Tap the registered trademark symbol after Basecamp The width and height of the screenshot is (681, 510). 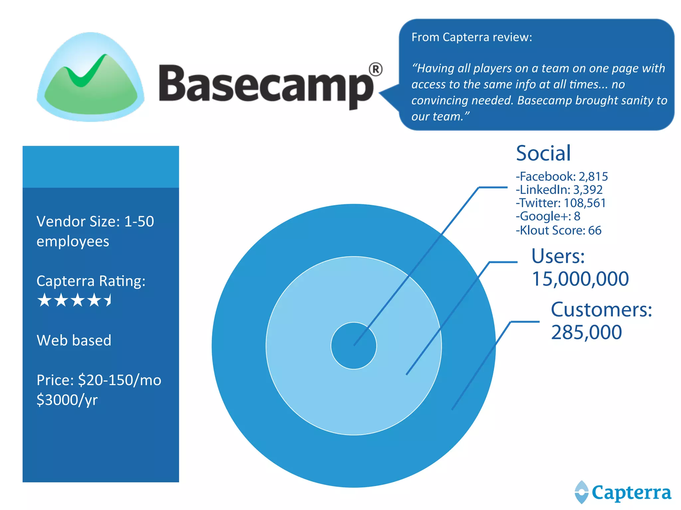(x=375, y=69)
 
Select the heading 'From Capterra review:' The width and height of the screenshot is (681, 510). (x=472, y=37)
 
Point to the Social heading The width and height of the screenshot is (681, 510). (x=543, y=153)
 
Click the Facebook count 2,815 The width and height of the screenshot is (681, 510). (x=593, y=176)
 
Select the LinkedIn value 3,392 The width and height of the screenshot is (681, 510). (x=588, y=190)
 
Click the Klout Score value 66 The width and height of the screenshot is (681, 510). (x=595, y=230)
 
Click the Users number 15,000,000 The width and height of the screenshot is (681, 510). (x=580, y=279)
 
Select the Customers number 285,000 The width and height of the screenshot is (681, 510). (x=586, y=332)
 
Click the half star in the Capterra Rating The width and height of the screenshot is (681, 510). (x=108, y=300)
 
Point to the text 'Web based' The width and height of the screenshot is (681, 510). (x=74, y=340)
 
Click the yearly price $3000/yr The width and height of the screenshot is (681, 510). (x=67, y=400)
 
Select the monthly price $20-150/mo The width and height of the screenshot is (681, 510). (x=120, y=380)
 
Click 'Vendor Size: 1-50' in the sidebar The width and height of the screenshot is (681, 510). (x=95, y=221)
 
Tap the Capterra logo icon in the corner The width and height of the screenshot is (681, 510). (x=582, y=492)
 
